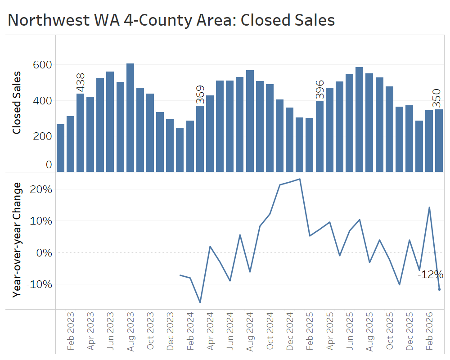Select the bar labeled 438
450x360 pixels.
[80, 133]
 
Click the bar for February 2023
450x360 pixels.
[70, 144]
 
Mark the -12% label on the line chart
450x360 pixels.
[431, 274]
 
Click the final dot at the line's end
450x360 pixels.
[439, 289]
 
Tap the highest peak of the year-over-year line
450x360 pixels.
[300, 179]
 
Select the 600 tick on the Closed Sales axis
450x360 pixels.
[43, 65]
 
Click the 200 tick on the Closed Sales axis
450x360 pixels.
[43, 136]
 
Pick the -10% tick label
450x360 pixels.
[40, 284]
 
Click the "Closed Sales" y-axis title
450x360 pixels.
[17, 103]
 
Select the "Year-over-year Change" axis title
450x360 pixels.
[17, 239]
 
